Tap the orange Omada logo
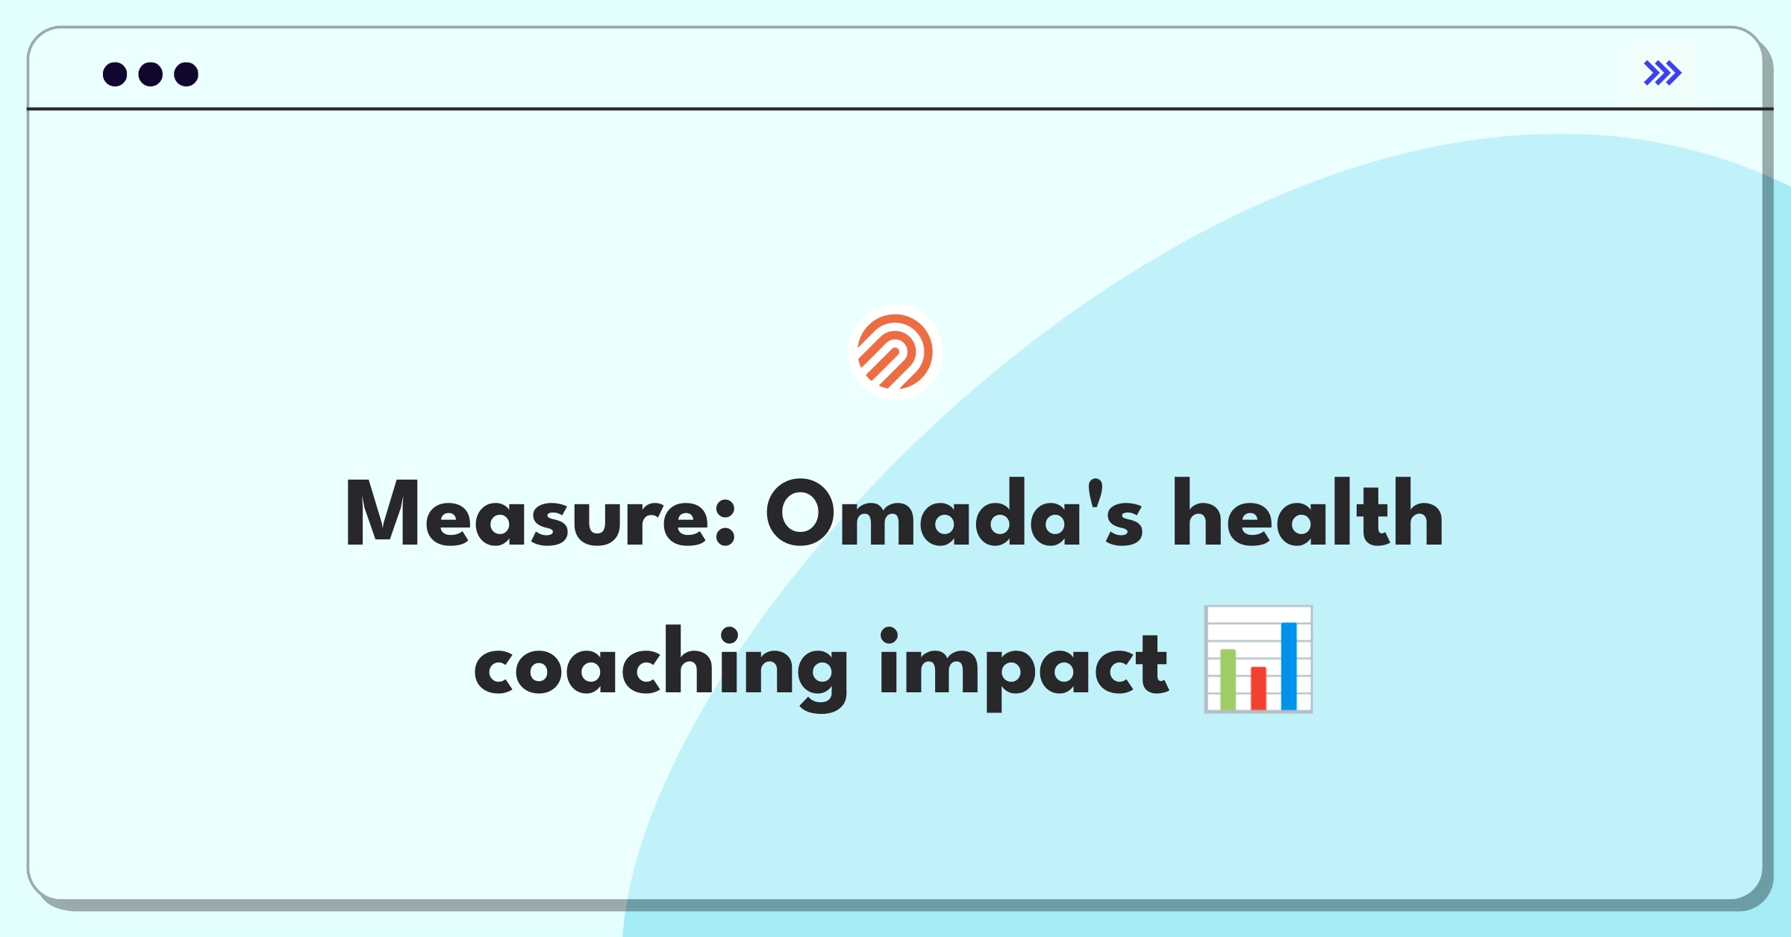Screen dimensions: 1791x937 coord(895,351)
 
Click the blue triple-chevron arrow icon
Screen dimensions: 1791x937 coord(1663,73)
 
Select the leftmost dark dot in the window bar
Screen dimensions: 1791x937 coord(115,74)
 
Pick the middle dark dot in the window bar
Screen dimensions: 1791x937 coord(151,74)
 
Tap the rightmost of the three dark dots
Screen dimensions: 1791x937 coord(187,74)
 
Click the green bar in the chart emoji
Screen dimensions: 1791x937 coord(1228,680)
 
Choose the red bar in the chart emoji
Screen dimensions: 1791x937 coord(1258,689)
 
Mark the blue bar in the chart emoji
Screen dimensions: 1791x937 coord(1289,666)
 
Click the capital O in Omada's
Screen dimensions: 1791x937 coord(801,513)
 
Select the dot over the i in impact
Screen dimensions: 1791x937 coord(890,636)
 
